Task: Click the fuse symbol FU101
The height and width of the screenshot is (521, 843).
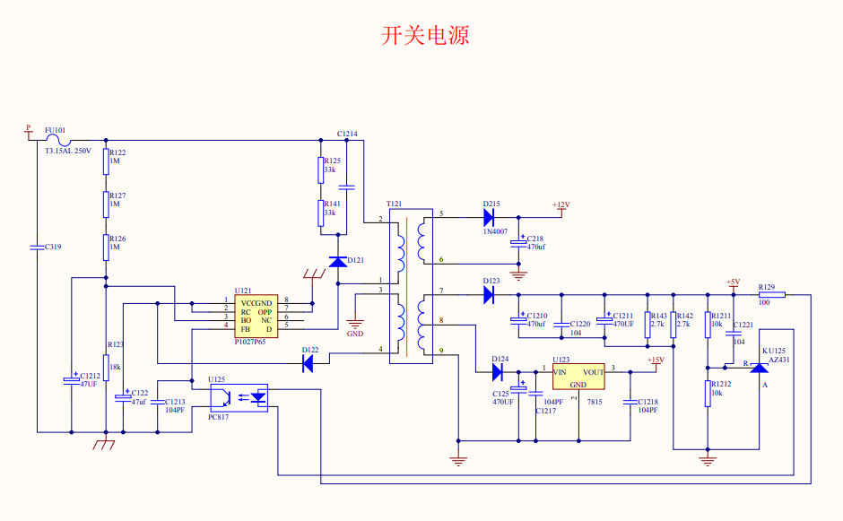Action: coord(59,139)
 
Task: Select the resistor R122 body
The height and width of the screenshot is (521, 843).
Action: coord(106,162)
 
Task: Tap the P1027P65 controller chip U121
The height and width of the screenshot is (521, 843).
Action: coord(256,315)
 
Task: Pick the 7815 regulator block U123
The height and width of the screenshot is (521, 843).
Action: coord(578,377)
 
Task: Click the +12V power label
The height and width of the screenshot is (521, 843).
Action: coord(561,205)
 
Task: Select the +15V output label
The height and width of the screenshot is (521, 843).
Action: coord(655,360)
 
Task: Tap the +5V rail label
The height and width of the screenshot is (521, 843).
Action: coord(733,282)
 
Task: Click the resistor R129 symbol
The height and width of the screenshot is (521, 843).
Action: coord(771,294)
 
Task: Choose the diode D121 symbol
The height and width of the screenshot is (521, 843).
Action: coord(337,261)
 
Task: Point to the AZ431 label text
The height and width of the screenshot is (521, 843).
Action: coord(777,359)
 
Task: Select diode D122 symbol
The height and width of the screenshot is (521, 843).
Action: coord(308,363)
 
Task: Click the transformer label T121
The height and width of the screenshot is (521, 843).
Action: coord(394,204)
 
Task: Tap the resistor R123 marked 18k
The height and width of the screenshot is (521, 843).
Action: coord(106,369)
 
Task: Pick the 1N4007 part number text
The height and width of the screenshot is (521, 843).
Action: coord(495,232)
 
